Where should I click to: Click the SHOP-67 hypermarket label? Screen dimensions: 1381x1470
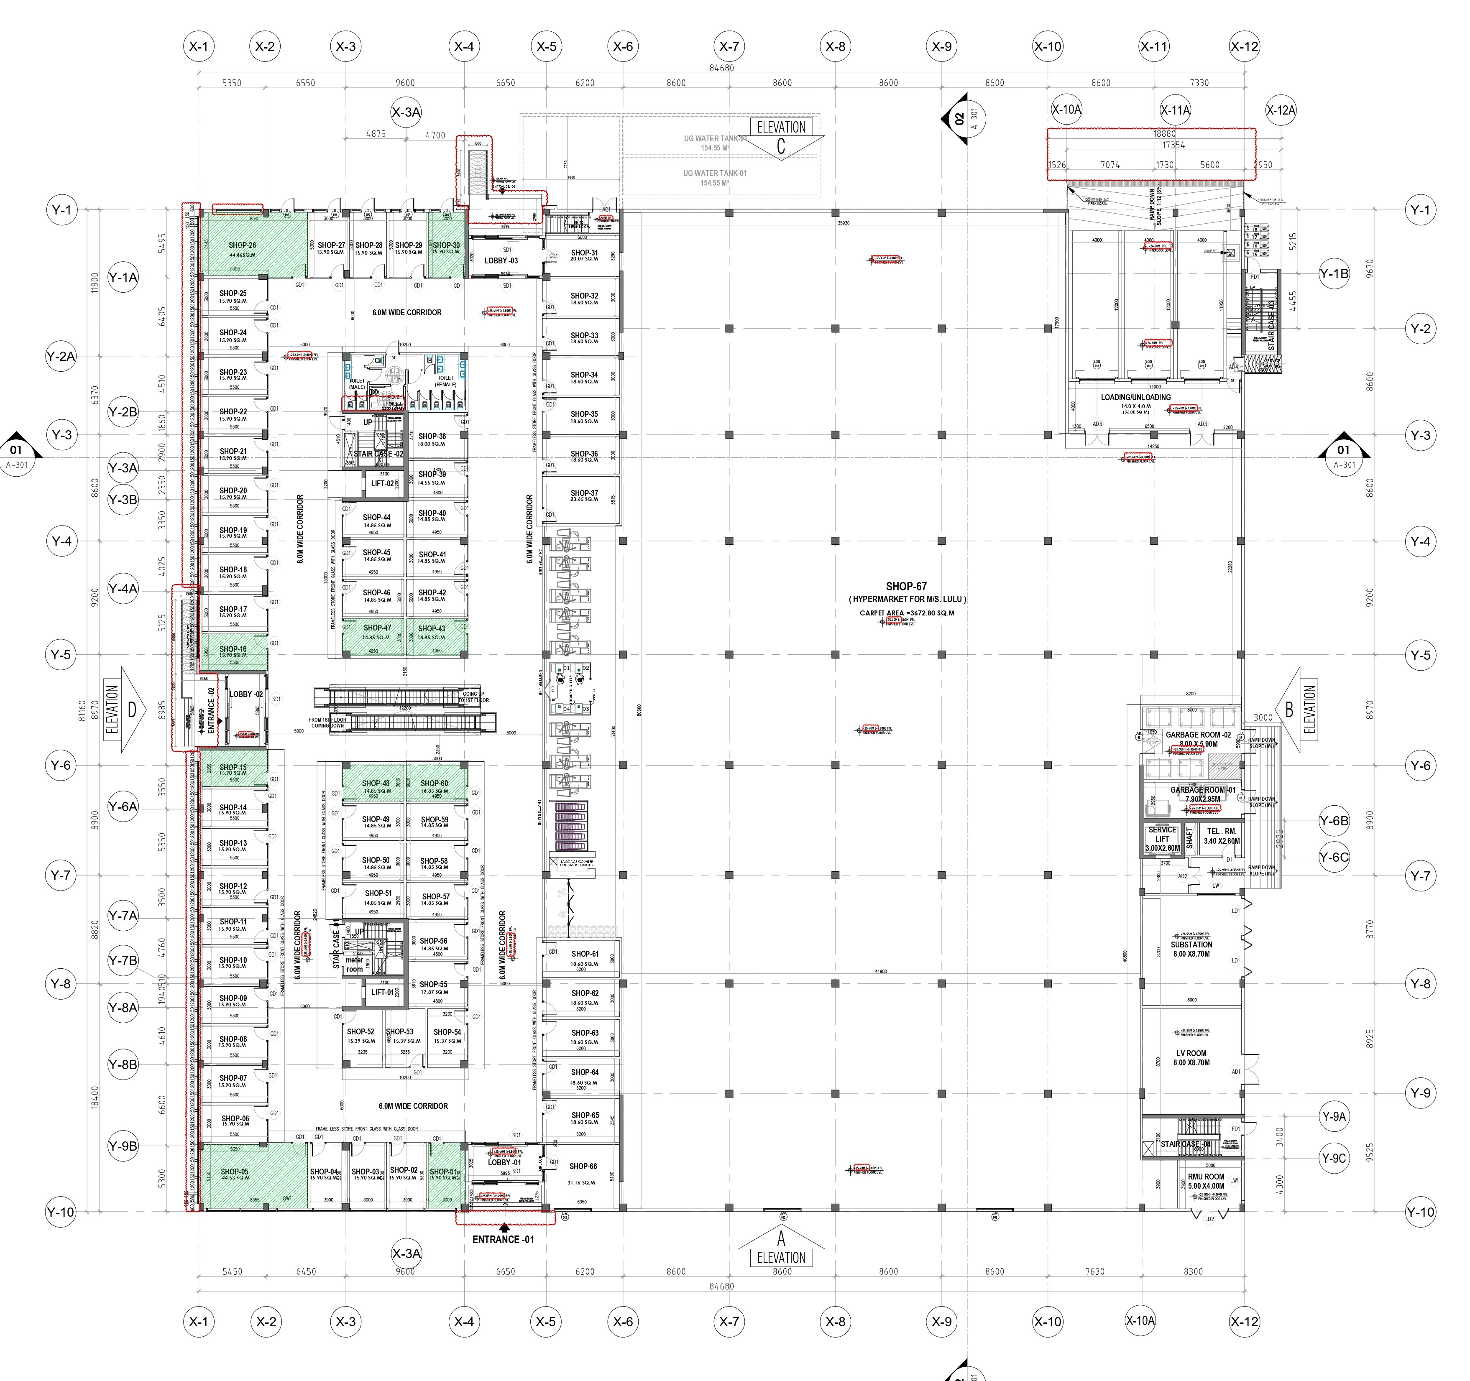906,586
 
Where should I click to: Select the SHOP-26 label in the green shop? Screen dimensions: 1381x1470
242,245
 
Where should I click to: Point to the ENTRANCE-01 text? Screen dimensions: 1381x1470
503,1239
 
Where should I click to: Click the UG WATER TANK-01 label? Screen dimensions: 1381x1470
714,173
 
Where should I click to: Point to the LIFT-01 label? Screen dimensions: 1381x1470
383,992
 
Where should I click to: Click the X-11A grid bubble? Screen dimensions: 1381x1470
1175,110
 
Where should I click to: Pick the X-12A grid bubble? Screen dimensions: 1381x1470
1281,110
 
